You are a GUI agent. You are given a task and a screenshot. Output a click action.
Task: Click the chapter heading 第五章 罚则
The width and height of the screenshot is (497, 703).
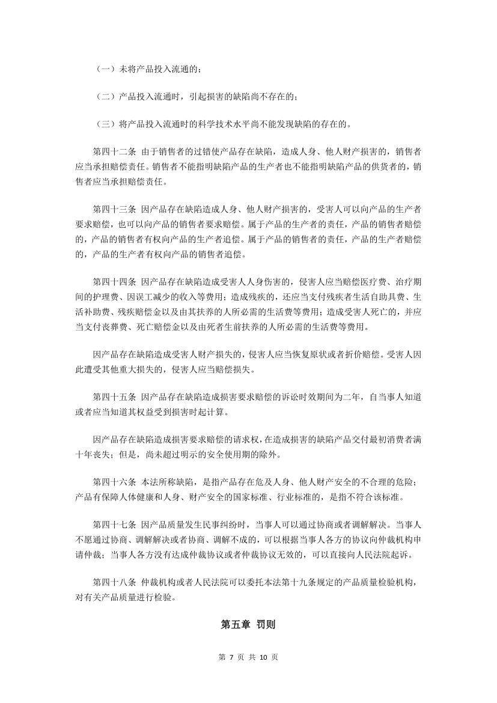pyautogui.click(x=248, y=624)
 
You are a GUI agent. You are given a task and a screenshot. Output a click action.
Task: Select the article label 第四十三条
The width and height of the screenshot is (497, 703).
pyautogui.click(x=115, y=209)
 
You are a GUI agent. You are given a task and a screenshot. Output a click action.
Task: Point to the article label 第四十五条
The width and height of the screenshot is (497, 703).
pyautogui.click(x=115, y=397)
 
